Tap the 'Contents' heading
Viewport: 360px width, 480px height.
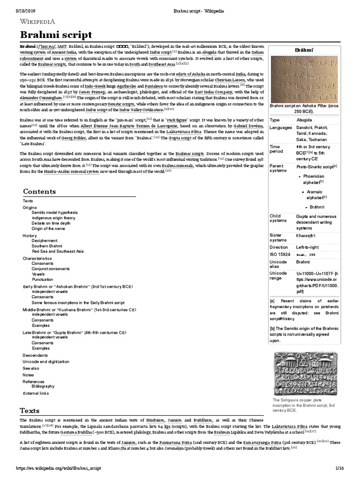tap(40, 191)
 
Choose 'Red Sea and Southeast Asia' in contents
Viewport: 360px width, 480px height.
tap(57, 251)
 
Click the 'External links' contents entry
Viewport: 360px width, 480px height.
tap(36, 393)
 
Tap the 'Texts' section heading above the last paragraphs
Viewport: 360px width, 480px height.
tap(30, 411)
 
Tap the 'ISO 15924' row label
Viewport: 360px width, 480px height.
tap(280, 254)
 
